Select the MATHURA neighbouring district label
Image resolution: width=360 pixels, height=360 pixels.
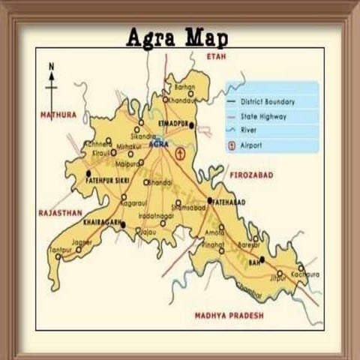pos(58,115)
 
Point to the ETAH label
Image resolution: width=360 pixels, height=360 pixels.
pos(217,56)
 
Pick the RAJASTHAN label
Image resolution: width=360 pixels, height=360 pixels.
pos(59,213)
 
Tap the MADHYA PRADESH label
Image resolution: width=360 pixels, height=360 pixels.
pos(229,316)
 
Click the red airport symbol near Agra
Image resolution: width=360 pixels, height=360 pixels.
pos(179,153)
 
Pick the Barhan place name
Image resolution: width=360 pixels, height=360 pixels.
pos(184,87)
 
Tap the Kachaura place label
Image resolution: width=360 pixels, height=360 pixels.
pos(305,274)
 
